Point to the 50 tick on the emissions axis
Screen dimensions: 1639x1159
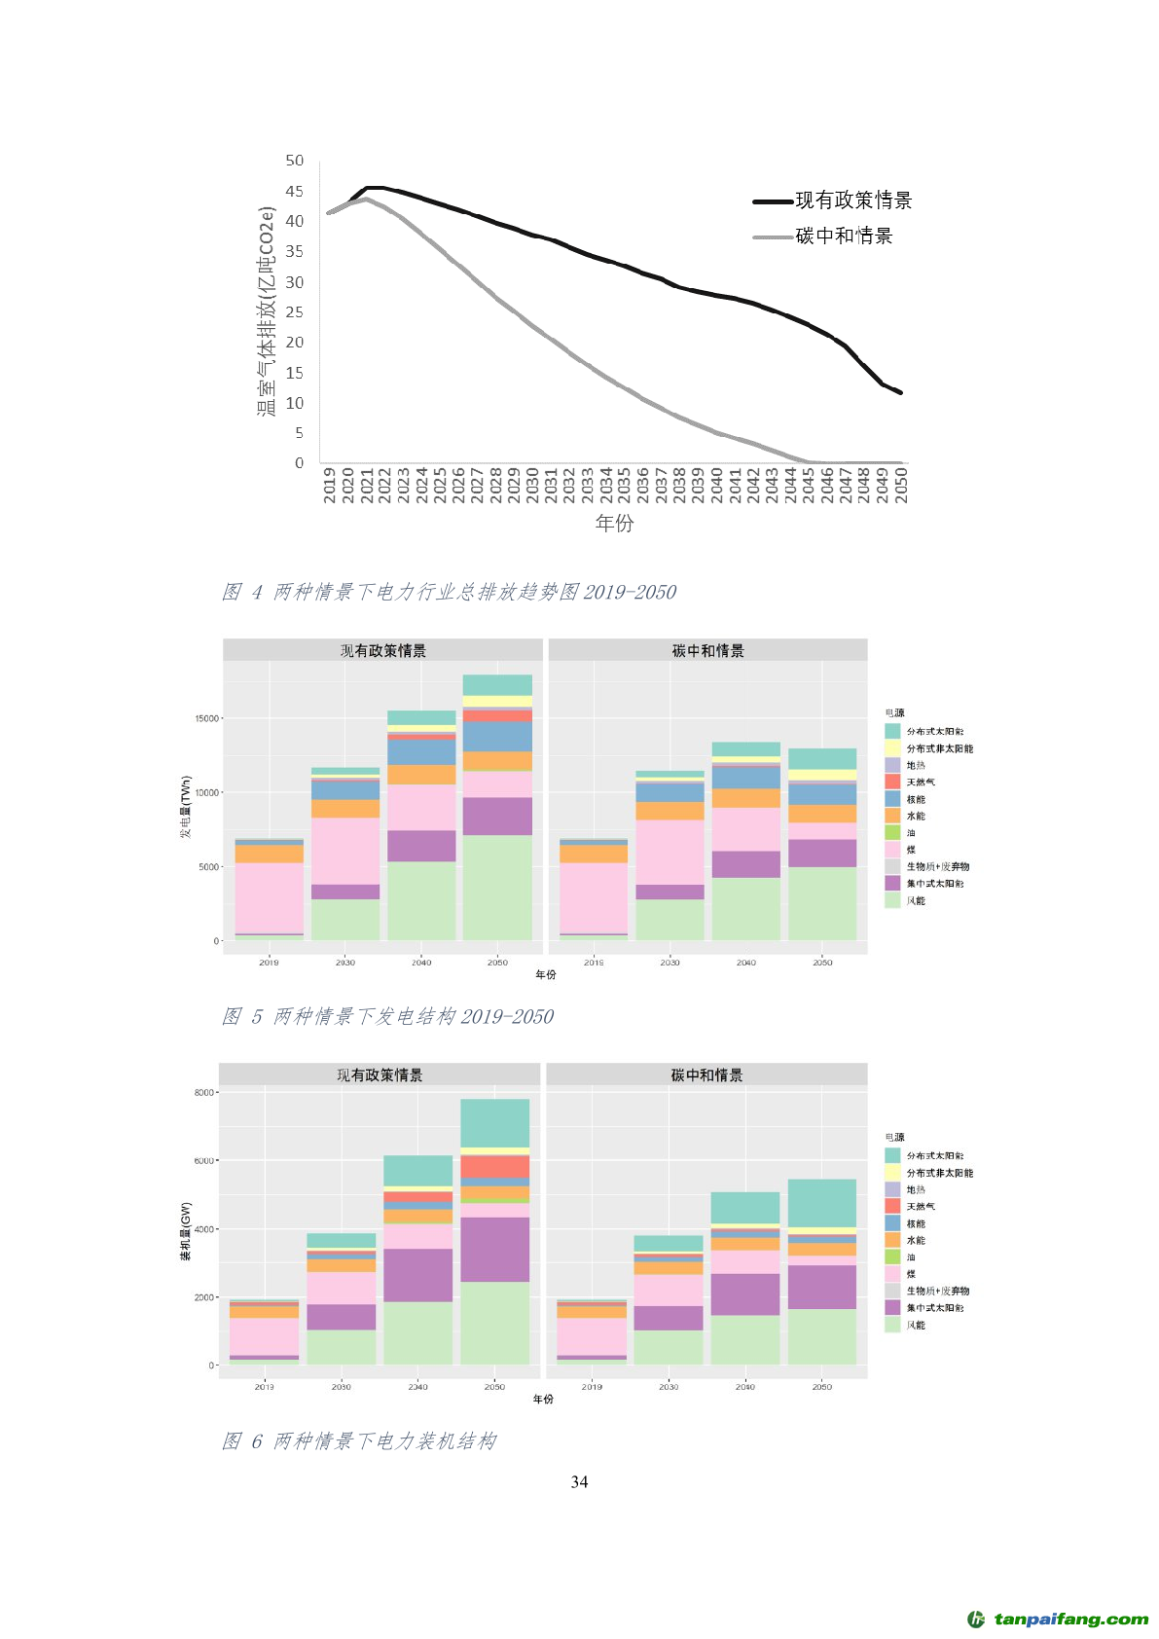(x=295, y=161)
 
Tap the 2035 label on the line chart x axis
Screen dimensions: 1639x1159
(x=624, y=485)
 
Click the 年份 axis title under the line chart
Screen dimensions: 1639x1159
(x=614, y=524)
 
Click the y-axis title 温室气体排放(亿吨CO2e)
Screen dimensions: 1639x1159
(x=267, y=311)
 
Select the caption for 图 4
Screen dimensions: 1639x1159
(x=449, y=592)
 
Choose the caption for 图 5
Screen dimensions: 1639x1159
(x=387, y=1016)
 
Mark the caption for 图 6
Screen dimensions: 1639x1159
(x=359, y=1440)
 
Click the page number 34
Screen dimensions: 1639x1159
(x=579, y=1481)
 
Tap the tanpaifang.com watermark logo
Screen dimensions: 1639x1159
(x=1058, y=1620)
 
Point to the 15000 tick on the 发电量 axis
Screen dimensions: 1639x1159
(x=206, y=718)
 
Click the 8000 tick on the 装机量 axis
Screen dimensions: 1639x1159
(x=203, y=1092)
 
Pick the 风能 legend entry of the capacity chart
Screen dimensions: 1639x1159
(x=915, y=1325)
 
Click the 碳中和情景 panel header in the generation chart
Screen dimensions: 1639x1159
(x=707, y=650)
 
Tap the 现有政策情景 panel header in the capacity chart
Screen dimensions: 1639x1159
(x=380, y=1074)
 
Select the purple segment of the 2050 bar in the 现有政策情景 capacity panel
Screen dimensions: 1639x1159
(x=494, y=1249)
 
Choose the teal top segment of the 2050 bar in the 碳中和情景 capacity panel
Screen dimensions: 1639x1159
(x=821, y=1203)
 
